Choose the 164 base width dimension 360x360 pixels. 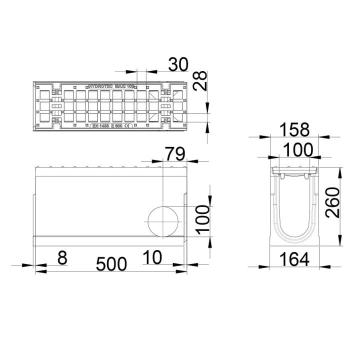click(294, 259)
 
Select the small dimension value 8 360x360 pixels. click(61, 258)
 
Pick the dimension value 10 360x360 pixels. click(152, 258)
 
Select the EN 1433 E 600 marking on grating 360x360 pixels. click(107, 126)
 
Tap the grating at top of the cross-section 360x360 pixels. click(294, 172)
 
